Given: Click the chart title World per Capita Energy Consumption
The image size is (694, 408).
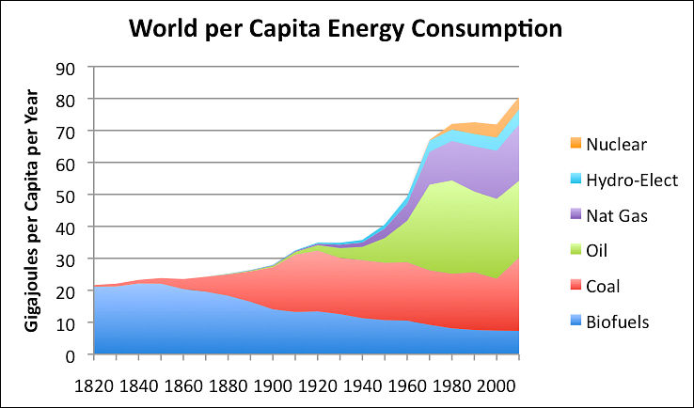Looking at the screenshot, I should pos(346,27).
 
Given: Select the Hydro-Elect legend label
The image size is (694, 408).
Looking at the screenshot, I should pos(631,180).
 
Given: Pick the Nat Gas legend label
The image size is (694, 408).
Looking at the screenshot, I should pos(617,215).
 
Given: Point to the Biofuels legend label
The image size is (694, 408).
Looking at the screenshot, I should pos(618,322).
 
